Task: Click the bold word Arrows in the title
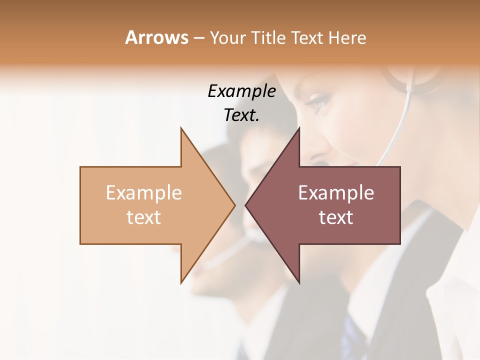pyautogui.click(x=156, y=37)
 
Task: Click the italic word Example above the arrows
pyautogui.click(x=241, y=91)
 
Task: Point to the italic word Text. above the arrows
pyautogui.click(x=241, y=115)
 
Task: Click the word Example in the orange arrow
pyautogui.click(x=143, y=193)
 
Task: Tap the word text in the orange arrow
pyautogui.click(x=143, y=217)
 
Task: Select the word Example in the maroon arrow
pyautogui.click(x=336, y=193)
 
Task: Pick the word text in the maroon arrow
pyautogui.click(x=336, y=217)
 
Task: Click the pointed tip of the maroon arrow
pyautogui.click(x=246, y=205)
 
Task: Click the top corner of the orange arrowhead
pyautogui.click(x=181, y=128)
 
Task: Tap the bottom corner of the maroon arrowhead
pyautogui.click(x=299, y=282)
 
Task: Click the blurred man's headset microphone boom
pyautogui.click(x=227, y=253)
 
